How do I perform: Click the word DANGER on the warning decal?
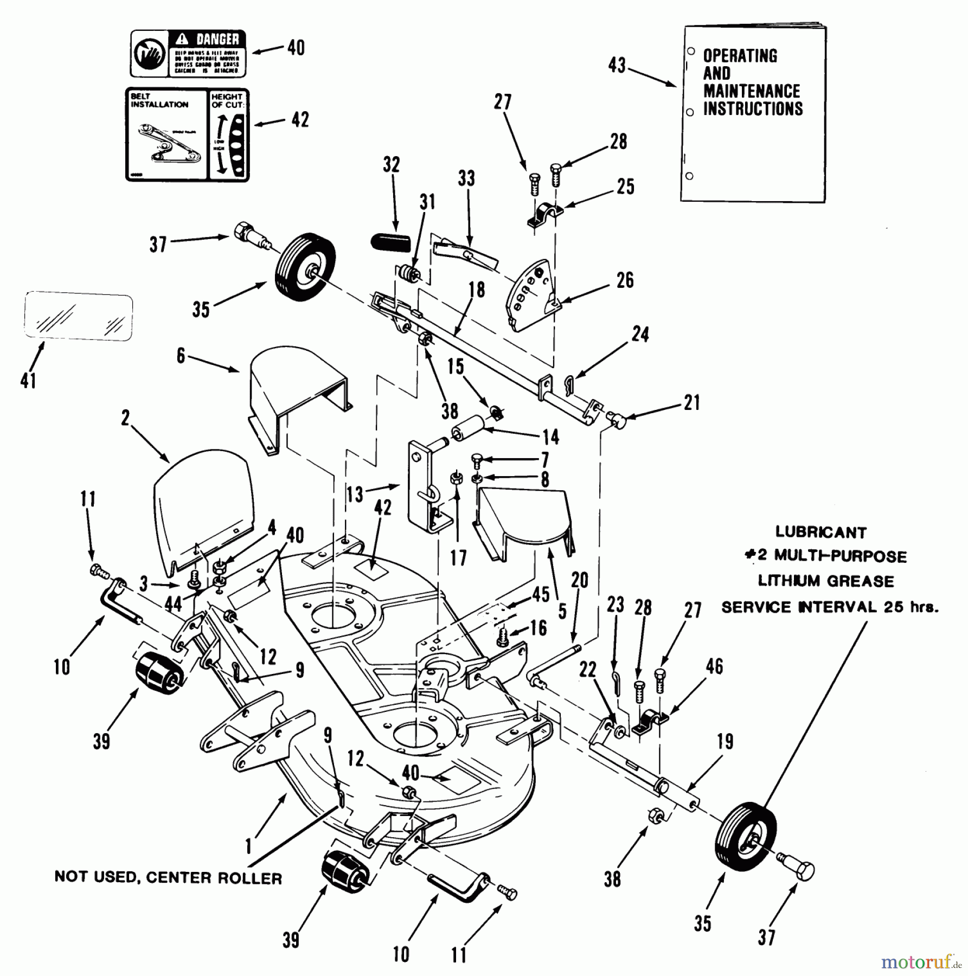(x=217, y=39)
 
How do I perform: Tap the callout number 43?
(x=617, y=66)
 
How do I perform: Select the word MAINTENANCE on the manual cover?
(x=752, y=91)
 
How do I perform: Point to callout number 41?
(x=28, y=380)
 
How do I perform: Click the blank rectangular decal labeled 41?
(x=79, y=317)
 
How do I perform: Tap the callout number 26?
(x=625, y=280)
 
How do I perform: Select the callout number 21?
(x=691, y=403)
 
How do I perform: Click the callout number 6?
(x=181, y=356)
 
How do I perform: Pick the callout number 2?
(x=126, y=418)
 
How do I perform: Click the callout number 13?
(x=355, y=494)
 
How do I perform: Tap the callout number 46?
(x=714, y=666)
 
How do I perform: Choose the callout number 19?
(x=725, y=742)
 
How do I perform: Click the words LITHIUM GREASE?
(x=825, y=581)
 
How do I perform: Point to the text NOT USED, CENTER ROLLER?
(x=168, y=878)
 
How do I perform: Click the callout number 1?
(x=249, y=846)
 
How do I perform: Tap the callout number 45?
(x=541, y=594)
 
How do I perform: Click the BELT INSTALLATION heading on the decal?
(x=159, y=100)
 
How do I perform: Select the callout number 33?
(x=466, y=178)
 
